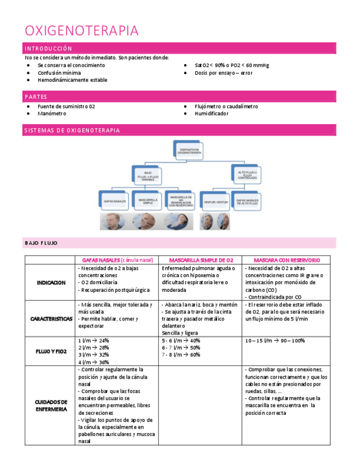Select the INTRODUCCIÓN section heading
point(48,48)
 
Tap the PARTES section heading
point(36,97)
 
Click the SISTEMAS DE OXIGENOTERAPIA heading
point(72,130)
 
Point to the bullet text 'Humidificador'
point(211,114)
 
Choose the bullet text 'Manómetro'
point(52,114)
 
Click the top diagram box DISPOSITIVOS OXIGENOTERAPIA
point(188,149)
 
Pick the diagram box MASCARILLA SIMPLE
point(148,201)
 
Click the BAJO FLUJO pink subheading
point(41,243)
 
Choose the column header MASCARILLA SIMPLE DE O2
point(201,260)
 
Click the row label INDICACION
point(51,282)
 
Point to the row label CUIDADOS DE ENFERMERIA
point(51,406)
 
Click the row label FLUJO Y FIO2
point(51,351)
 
